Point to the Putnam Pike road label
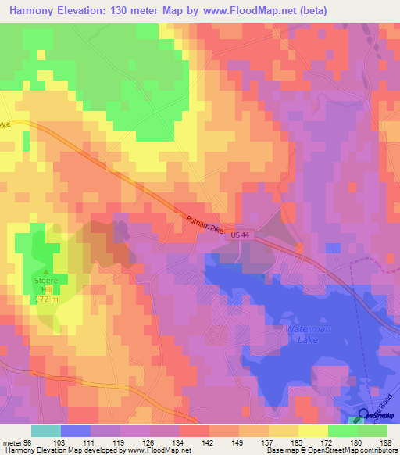coord(205,223)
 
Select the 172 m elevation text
coord(45,299)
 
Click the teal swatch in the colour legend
coord(46,431)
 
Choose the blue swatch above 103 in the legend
coord(76,431)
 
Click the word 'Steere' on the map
coord(45,281)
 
